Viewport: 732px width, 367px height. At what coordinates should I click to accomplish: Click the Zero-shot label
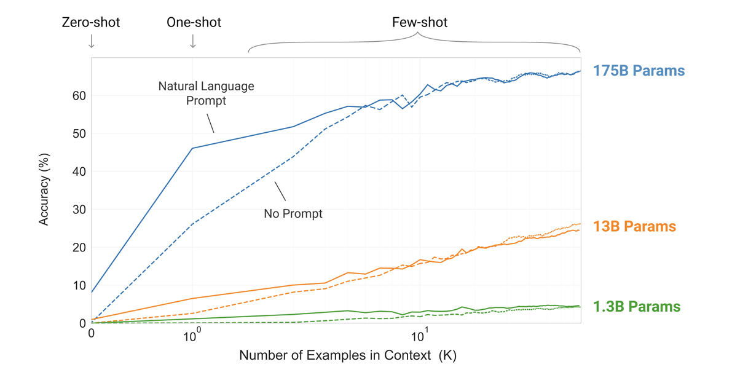tap(91, 23)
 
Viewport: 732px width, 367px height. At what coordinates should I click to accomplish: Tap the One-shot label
tap(194, 23)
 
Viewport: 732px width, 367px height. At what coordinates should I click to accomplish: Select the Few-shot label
tap(420, 23)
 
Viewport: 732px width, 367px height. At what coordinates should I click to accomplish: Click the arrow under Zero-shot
tap(91, 41)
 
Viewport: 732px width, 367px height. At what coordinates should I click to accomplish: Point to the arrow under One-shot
tap(193, 41)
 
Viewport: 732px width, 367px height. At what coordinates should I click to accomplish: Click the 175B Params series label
tap(639, 71)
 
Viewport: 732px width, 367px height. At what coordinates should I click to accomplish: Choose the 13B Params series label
tap(634, 227)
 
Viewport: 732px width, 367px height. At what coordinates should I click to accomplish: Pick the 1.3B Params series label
tap(637, 306)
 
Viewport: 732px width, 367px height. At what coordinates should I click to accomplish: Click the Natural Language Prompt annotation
tap(206, 93)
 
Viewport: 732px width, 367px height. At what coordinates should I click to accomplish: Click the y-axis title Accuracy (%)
tap(44, 191)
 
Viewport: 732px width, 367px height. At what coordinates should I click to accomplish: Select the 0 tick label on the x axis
tap(91, 334)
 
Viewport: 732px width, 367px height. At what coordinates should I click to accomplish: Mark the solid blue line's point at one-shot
tap(192, 148)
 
